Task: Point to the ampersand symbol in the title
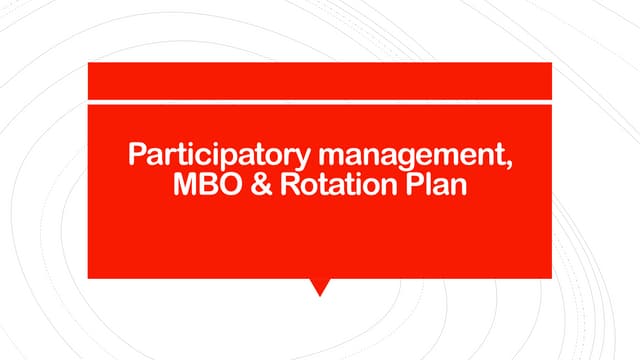tap(266, 185)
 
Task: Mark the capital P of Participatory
tap(137, 156)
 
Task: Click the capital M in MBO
tap(187, 185)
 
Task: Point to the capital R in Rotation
tap(292, 185)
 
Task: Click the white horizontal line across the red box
tap(320, 101)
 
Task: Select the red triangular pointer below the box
tap(320, 286)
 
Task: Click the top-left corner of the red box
tap(90, 64)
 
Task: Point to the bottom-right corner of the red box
tap(550, 276)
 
